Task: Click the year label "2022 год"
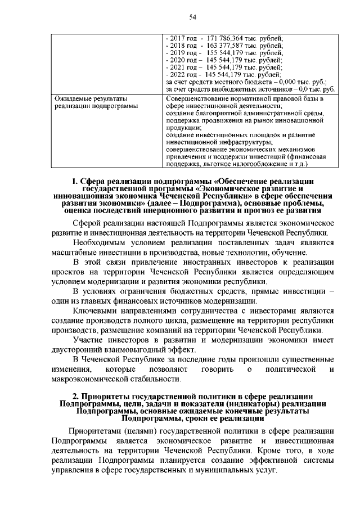[x=183, y=74]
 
